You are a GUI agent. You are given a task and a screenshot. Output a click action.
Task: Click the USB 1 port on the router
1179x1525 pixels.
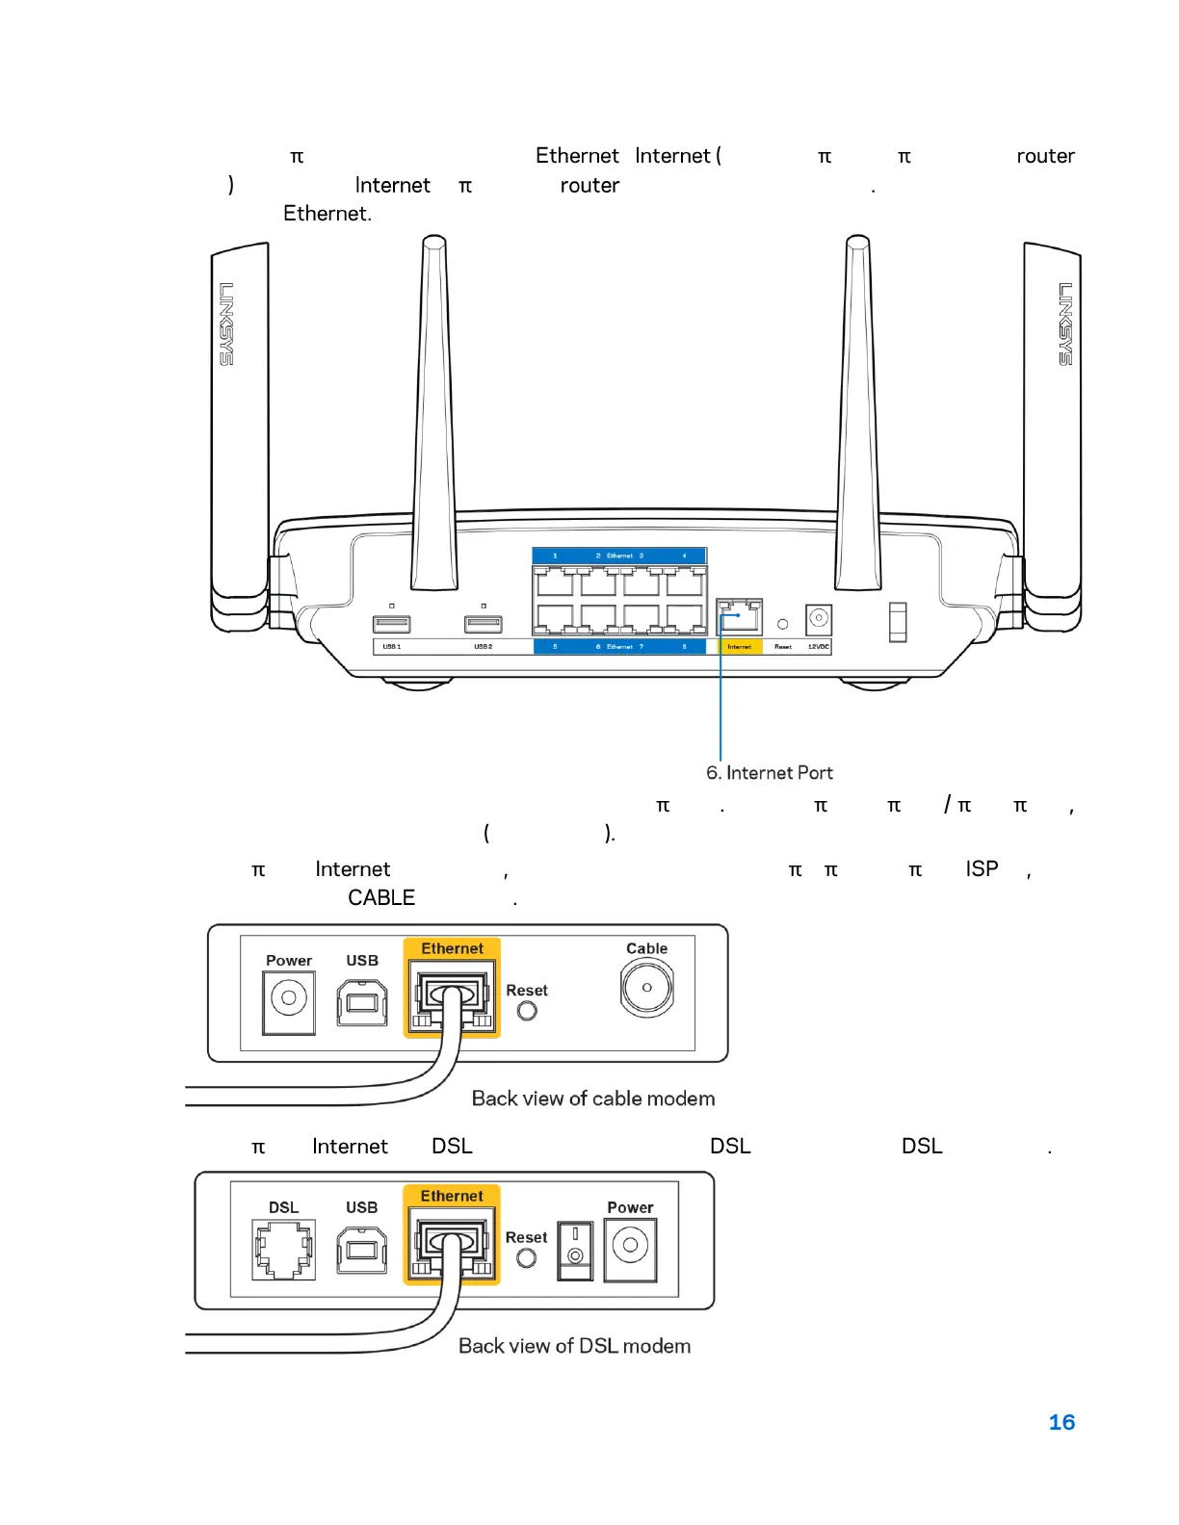click(391, 624)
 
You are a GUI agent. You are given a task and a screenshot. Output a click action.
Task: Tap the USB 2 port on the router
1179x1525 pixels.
click(484, 624)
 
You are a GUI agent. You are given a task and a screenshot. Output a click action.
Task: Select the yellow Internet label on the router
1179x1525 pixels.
click(740, 647)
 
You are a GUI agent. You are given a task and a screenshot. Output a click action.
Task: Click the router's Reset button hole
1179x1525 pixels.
click(783, 625)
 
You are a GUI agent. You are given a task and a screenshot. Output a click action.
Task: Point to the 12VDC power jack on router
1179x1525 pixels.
click(819, 618)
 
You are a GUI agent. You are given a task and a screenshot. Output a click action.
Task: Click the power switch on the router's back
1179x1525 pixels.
click(898, 622)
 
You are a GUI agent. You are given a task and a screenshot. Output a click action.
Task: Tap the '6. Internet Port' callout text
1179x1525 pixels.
click(769, 773)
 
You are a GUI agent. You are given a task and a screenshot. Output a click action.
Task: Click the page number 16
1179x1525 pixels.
click(1061, 1422)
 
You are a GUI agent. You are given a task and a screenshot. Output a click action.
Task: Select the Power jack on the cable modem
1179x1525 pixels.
click(289, 1000)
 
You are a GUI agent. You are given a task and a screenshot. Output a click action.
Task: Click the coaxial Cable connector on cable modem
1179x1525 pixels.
click(647, 988)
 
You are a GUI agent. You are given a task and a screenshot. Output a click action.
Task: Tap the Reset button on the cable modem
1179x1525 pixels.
click(527, 1011)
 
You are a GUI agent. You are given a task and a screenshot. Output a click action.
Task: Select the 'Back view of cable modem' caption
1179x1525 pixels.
click(593, 1099)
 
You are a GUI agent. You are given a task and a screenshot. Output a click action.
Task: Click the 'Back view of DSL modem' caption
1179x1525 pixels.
click(574, 1346)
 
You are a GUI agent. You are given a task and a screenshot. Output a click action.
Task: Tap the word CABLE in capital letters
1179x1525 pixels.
click(381, 897)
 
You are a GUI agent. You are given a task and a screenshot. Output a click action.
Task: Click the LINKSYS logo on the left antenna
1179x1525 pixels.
click(227, 323)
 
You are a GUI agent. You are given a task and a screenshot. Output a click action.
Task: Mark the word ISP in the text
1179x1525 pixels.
click(982, 868)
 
